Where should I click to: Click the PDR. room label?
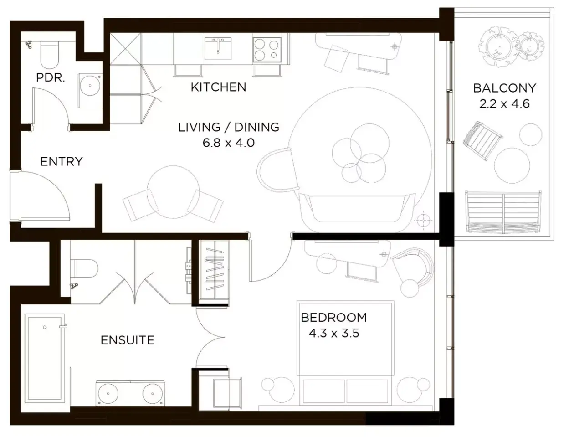pyautogui.click(x=50, y=78)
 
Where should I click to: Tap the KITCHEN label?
pyautogui.click(x=219, y=87)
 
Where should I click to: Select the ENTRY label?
pyautogui.click(x=62, y=162)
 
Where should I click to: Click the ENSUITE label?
pyautogui.click(x=128, y=340)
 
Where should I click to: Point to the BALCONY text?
pyautogui.click(x=505, y=88)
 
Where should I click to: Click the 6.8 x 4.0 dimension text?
pyautogui.click(x=229, y=143)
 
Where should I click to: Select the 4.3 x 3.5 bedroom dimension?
pyautogui.click(x=334, y=333)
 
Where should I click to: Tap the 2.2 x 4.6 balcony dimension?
pyautogui.click(x=505, y=104)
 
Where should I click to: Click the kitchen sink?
pyautogui.click(x=218, y=48)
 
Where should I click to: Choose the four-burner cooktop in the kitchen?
pyautogui.click(x=267, y=50)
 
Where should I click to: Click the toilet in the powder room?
pyautogui.click(x=50, y=55)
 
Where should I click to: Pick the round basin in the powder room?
pyautogui.click(x=90, y=86)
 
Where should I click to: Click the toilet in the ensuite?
pyautogui.click(x=84, y=268)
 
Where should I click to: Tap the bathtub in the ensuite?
pyautogui.click(x=45, y=359)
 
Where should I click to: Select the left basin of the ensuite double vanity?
pyautogui.click(x=108, y=394)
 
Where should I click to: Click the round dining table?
pyautogui.click(x=173, y=192)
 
